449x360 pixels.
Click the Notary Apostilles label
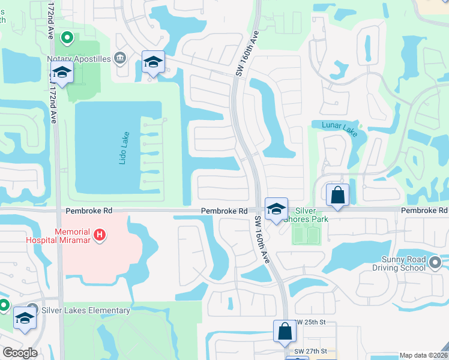point(79,59)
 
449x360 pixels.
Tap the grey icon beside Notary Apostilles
point(120,58)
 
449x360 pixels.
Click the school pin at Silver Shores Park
point(276,208)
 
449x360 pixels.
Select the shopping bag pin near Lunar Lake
point(338,194)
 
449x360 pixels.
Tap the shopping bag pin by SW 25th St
point(285,331)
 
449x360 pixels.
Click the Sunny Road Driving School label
point(403,263)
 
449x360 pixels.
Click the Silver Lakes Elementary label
point(86,310)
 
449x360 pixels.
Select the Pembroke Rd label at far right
point(424,211)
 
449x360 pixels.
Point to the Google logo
point(19,353)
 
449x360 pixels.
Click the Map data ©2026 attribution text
point(423,355)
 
